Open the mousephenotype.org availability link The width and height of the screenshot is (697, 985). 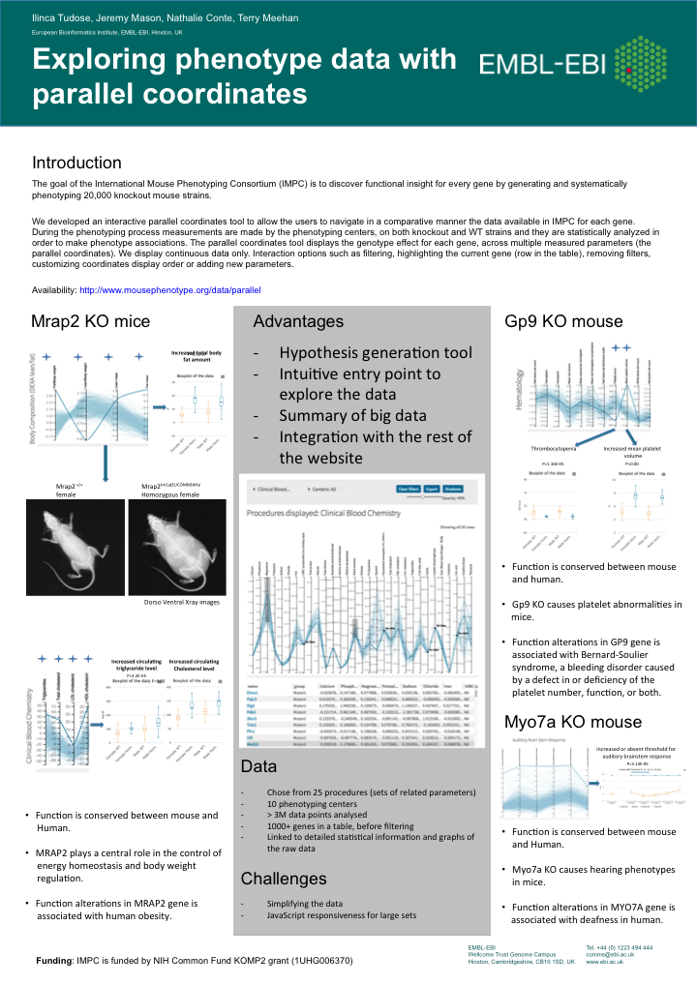[169, 289]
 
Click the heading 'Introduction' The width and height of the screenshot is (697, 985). [76, 163]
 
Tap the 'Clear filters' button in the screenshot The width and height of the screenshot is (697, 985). [409, 490]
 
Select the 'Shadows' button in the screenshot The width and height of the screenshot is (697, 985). [453, 490]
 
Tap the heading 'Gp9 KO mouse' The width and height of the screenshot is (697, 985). [563, 321]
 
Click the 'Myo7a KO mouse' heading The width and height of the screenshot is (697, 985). [572, 722]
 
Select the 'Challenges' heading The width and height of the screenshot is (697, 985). [283, 879]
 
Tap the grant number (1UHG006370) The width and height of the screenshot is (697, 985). [305, 961]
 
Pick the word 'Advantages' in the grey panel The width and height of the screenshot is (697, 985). [297, 321]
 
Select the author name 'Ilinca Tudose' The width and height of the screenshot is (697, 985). [59, 16]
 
